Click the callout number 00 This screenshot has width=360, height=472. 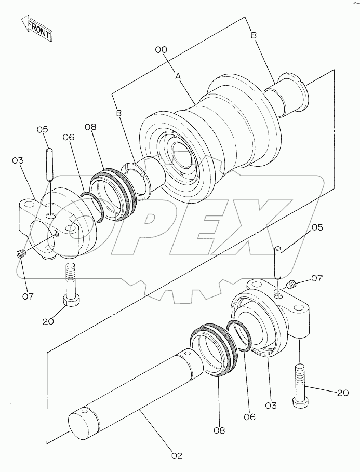[x=161, y=50]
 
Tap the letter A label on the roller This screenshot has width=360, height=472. [x=178, y=77]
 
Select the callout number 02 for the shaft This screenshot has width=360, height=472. [x=177, y=456]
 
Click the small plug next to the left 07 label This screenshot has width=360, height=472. [x=21, y=254]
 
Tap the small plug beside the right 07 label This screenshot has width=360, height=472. [x=291, y=284]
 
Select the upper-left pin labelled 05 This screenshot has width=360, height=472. [x=50, y=165]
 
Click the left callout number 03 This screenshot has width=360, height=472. [x=18, y=161]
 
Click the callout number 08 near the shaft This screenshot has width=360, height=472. [x=219, y=431]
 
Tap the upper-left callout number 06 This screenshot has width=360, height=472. [x=69, y=137]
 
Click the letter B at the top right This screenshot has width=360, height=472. [x=254, y=35]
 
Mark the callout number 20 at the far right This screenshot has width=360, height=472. [x=342, y=393]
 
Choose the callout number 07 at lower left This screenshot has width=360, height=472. [x=28, y=296]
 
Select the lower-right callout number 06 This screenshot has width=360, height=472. [x=249, y=417]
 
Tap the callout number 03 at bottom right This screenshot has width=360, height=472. [x=271, y=406]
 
